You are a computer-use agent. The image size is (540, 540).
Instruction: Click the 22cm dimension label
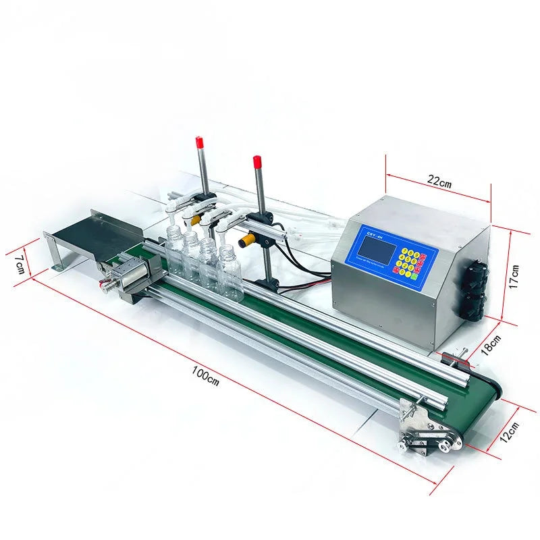(x=439, y=182)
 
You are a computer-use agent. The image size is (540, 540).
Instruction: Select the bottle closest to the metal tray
(x=175, y=251)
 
